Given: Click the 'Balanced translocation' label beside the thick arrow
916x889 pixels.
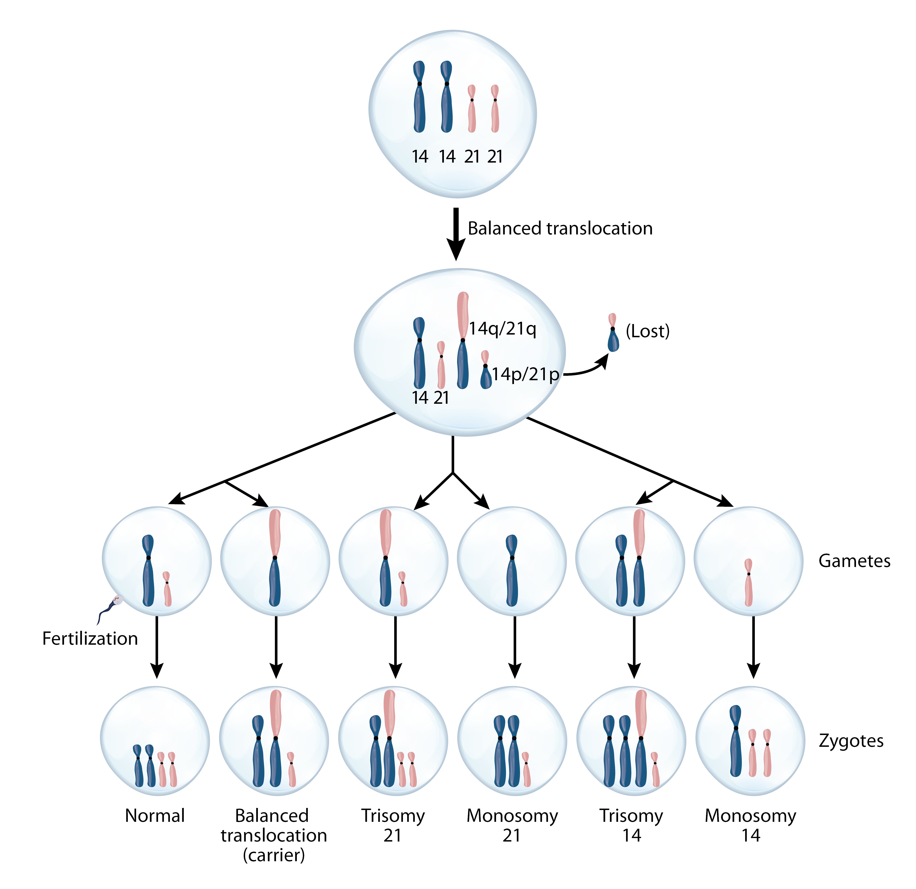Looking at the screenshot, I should click(560, 229).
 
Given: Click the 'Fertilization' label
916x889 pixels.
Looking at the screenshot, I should click(90, 638).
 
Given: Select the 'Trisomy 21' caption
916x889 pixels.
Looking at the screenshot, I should click(393, 825).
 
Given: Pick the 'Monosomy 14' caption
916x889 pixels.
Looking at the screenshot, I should click(750, 825).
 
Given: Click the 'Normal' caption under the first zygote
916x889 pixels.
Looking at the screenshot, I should click(155, 816).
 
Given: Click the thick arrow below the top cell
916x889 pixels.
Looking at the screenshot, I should click(456, 234).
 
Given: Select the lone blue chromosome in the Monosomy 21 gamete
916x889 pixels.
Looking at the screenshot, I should click(512, 570).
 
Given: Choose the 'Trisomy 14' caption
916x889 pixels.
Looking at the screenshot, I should click(631, 825).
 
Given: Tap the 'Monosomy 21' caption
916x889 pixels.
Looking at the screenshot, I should click(512, 825).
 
